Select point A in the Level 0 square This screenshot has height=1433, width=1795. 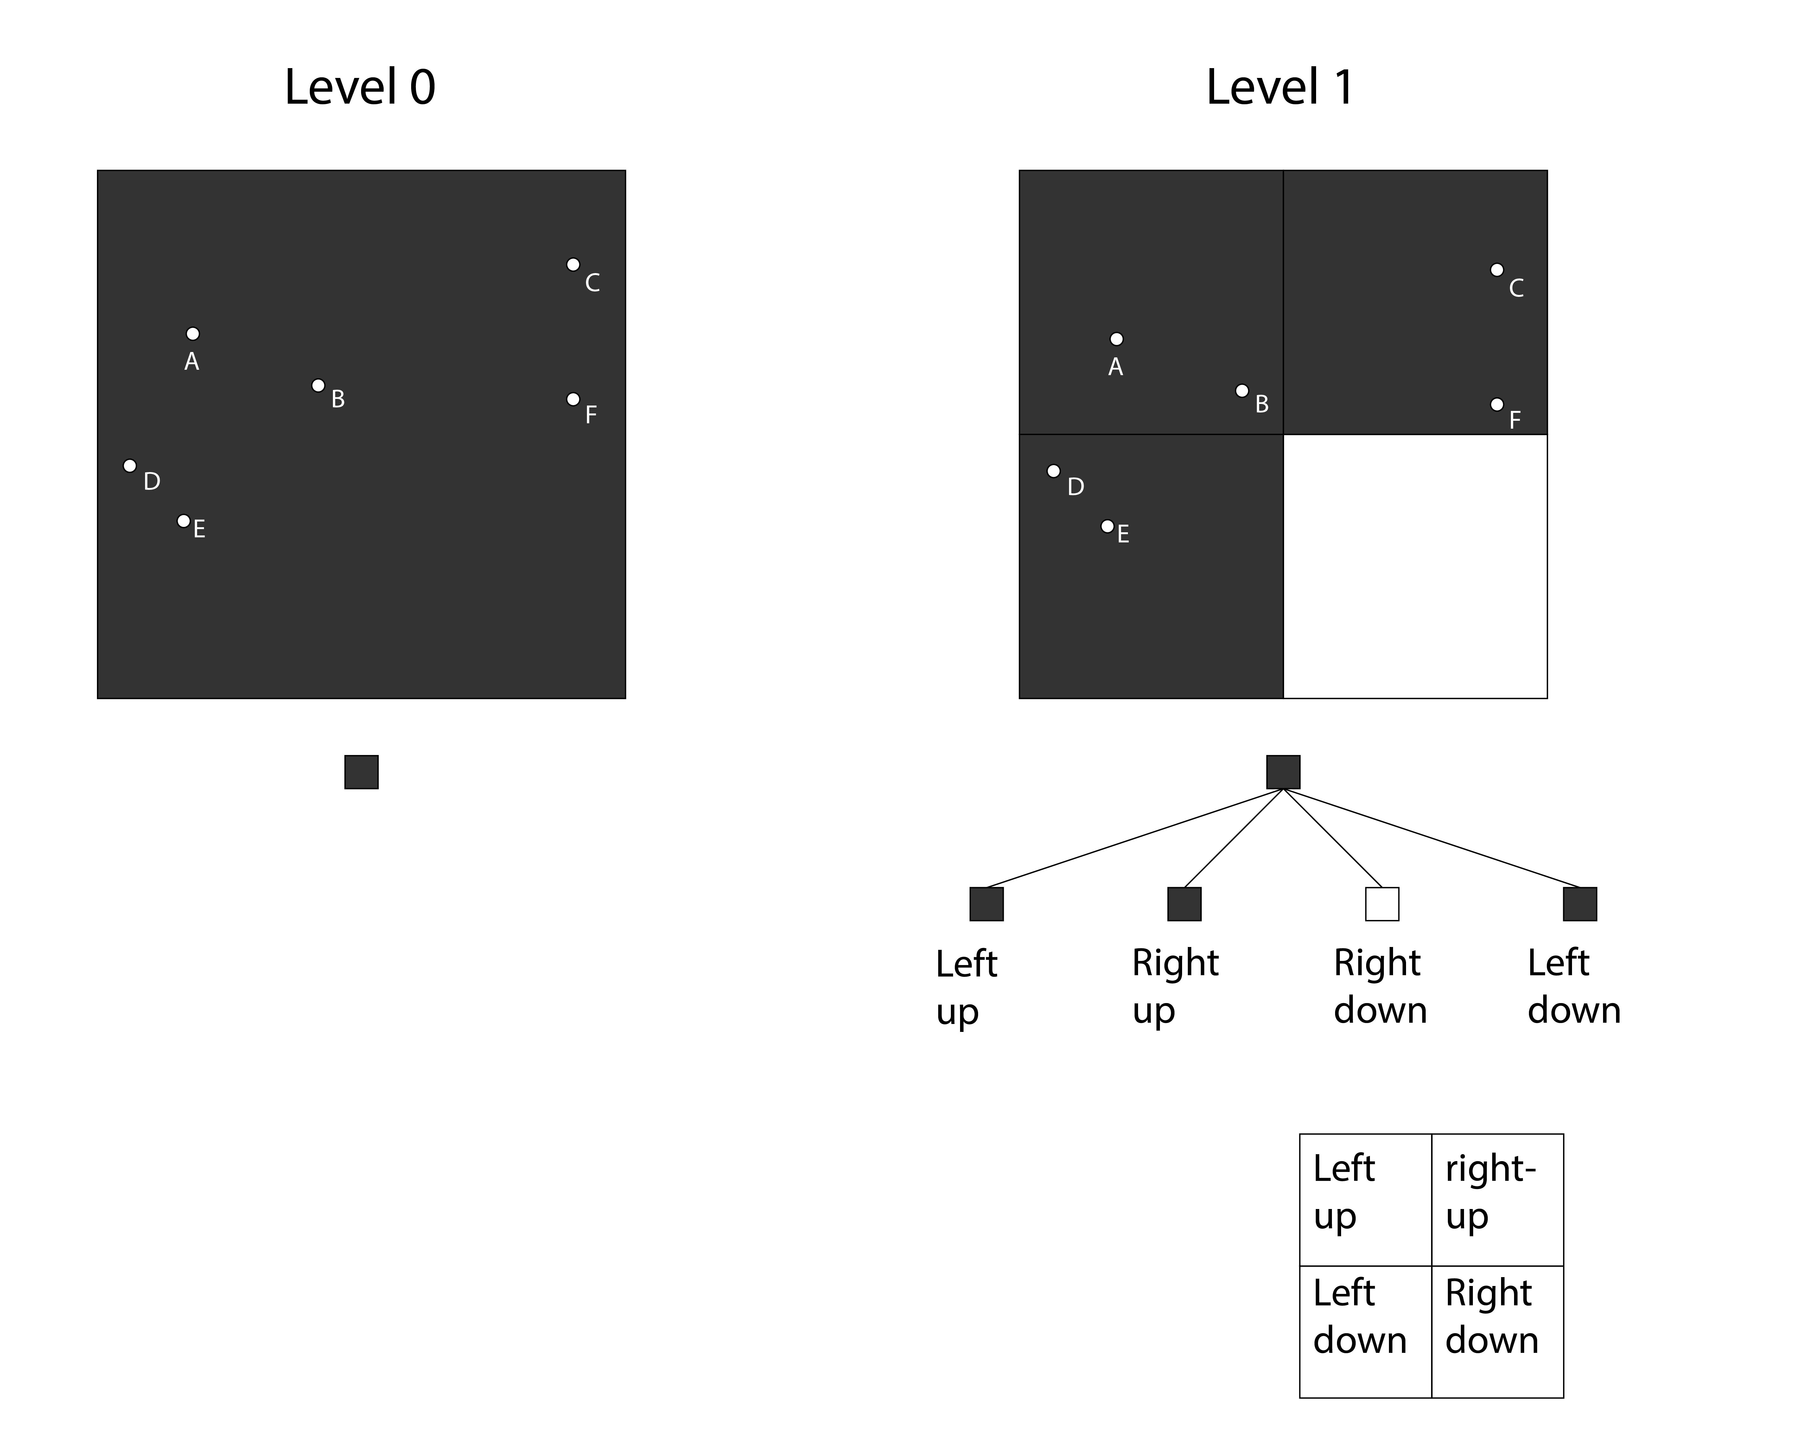192,334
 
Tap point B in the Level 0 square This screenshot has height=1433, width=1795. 318,386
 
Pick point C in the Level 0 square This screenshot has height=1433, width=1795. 573,265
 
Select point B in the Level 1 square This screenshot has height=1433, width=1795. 1242,391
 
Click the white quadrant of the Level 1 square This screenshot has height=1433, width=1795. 1415,566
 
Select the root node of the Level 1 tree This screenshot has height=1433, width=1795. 1283,772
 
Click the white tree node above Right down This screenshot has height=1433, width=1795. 1382,904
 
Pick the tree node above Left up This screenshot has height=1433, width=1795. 987,904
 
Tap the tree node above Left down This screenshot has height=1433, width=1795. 1580,904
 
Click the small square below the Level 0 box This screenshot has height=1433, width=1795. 361,772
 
